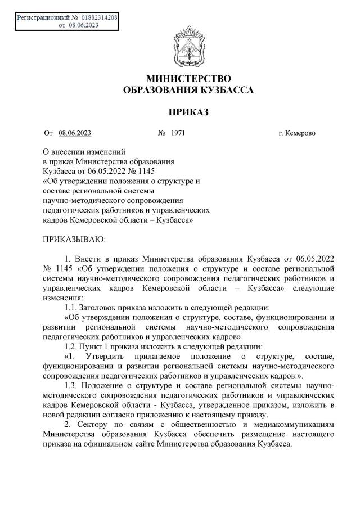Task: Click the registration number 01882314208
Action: click(x=99, y=18)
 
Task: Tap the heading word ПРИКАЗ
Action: click(x=184, y=112)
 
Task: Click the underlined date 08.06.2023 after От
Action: click(x=75, y=133)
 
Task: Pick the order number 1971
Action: click(x=178, y=133)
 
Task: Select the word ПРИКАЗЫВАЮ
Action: click(x=75, y=240)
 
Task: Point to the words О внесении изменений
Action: click(x=84, y=151)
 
